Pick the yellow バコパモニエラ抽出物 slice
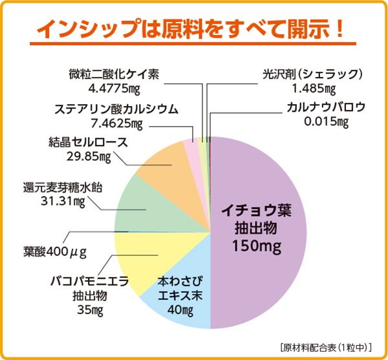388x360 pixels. coord(139,255)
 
